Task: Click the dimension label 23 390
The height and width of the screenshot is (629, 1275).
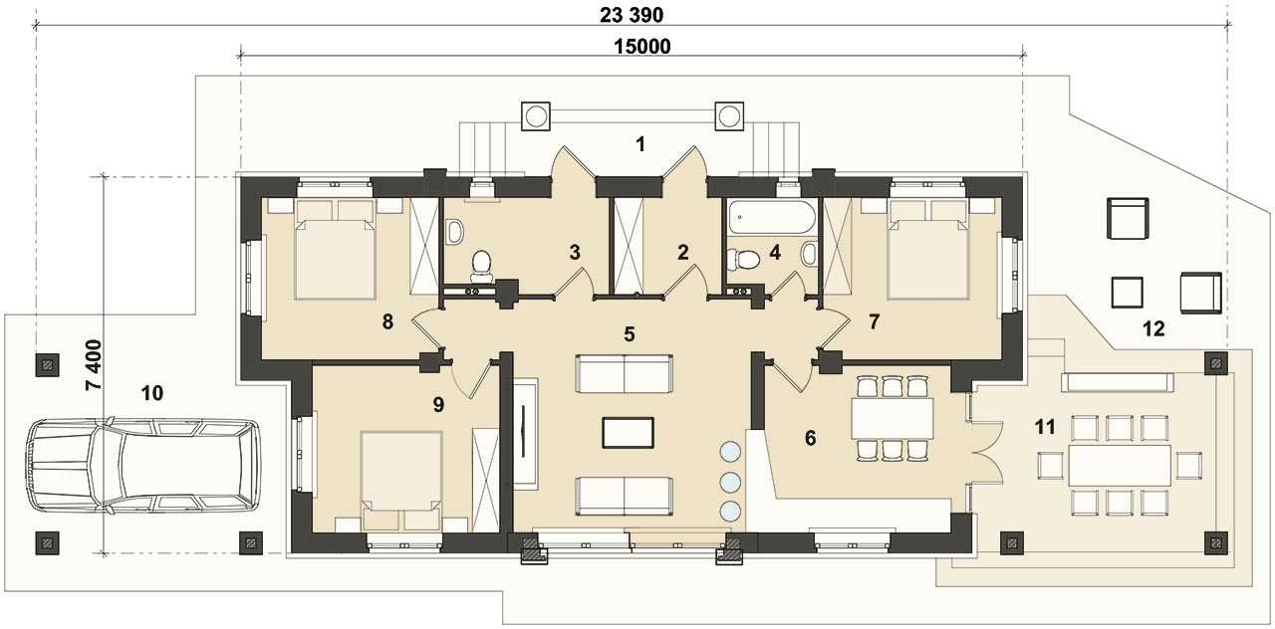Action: click(632, 15)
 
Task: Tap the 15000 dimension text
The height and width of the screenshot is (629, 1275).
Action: click(642, 47)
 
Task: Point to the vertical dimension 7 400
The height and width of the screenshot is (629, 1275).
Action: click(94, 364)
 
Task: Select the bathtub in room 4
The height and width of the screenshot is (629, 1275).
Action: click(770, 217)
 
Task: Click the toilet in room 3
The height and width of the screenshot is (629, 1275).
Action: click(481, 266)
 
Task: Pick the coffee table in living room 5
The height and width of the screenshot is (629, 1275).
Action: click(628, 433)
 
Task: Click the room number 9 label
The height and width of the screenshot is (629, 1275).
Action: click(438, 404)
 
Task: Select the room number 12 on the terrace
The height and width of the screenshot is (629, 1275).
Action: click(1153, 328)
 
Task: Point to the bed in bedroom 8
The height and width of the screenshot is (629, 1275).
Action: click(336, 249)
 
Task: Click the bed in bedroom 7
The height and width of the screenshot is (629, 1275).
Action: click(928, 249)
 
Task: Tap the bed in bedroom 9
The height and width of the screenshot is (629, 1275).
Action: click(401, 481)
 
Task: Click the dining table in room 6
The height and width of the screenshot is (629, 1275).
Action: click(892, 418)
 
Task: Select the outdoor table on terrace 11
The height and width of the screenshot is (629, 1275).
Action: click(1120, 465)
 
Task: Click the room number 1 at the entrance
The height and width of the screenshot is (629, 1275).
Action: click(640, 145)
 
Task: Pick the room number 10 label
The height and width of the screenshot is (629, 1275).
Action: click(152, 393)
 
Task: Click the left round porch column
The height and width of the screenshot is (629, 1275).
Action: click(536, 116)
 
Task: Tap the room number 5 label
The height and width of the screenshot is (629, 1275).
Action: click(629, 334)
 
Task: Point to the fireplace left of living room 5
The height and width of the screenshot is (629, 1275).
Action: click(524, 432)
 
